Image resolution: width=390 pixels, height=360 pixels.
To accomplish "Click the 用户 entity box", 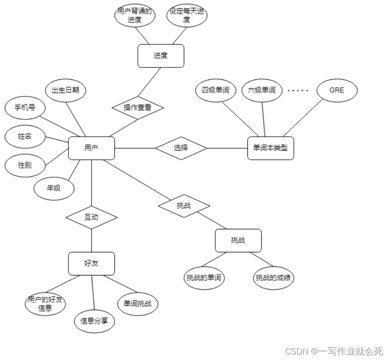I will [91, 148].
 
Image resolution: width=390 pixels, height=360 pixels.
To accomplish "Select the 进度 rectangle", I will [161, 56].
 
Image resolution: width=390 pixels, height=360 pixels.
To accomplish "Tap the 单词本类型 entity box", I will [270, 148].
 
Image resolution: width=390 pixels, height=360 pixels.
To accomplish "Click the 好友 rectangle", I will [91, 264].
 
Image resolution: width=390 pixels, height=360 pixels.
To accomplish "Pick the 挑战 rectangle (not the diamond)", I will [238, 240].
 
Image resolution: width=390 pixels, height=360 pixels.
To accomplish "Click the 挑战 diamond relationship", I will [184, 206].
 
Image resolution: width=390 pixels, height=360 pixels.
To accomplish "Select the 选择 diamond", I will [181, 148].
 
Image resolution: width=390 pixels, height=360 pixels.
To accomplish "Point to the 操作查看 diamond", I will [138, 108].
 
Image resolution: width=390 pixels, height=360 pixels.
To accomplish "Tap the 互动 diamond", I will [91, 217].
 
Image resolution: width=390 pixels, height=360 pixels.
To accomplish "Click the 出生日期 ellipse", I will [66, 90].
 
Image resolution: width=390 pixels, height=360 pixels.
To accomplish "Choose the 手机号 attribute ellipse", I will [25, 108].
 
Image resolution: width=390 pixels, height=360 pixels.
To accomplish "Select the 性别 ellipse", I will [25, 165].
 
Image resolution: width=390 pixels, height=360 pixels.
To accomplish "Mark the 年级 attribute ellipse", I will [54, 188].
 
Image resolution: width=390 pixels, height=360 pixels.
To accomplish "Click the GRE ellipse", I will [337, 90].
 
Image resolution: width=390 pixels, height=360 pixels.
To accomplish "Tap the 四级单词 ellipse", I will [215, 90].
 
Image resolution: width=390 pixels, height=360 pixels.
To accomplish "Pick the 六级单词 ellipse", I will [262, 90].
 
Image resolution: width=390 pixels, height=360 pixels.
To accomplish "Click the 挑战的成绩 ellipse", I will [274, 278].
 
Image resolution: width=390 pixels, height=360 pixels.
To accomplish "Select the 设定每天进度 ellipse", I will [187, 15].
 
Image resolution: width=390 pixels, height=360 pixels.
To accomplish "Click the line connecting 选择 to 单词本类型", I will [227, 148].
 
